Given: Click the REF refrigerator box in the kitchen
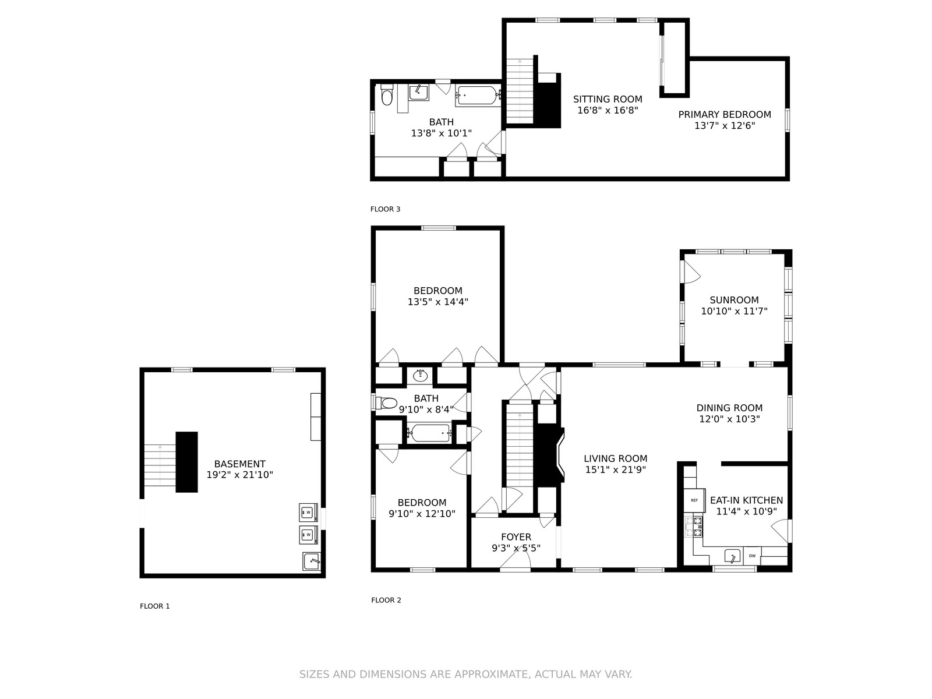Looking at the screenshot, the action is [x=694, y=500].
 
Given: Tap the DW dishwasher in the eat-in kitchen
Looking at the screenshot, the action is [x=752, y=556].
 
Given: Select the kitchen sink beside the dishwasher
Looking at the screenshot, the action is [x=732, y=556].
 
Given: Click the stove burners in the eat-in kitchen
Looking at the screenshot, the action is [x=697, y=526].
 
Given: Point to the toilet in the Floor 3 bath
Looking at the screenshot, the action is [x=387, y=94].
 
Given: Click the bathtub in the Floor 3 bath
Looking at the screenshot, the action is [x=478, y=96].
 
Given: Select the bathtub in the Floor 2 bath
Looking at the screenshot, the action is [x=429, y=433].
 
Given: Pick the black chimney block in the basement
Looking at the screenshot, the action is [x=186, y=462].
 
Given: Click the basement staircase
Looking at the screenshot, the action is [x=160, y=465].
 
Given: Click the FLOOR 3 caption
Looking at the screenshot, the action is [x=385, y=209].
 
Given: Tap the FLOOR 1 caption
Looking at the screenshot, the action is [x=154, y=606].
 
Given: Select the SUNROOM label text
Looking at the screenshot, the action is [x=734, y=299].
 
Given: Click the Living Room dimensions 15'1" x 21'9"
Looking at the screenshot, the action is [x=615, y=469].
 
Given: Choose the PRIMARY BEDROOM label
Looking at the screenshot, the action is [x=725, y=114].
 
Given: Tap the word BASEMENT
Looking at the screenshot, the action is [x=239, y=464].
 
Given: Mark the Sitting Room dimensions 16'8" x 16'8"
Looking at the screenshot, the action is [x=608, y=110].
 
